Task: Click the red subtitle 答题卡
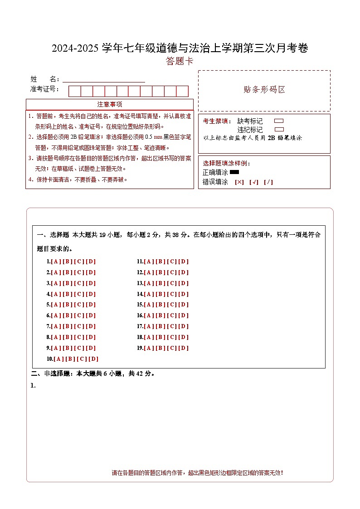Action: point(180,61)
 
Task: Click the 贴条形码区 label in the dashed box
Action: point(264,89)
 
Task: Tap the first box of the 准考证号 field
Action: point(74,91)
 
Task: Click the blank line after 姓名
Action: point(104,79)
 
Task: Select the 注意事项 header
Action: point(109,104)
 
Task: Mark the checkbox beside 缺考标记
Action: point(279,121)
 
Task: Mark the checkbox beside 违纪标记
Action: point(279,130)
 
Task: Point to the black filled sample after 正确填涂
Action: point(234,172)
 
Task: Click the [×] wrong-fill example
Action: point(239,182)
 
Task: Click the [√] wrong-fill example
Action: point(253,182)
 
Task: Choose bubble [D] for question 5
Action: point(91,305)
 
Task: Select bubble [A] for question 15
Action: point(149,305)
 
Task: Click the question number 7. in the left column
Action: point(48,326)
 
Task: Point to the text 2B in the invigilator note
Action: point(272,138)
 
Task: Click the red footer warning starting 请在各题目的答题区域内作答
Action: point(197,473)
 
